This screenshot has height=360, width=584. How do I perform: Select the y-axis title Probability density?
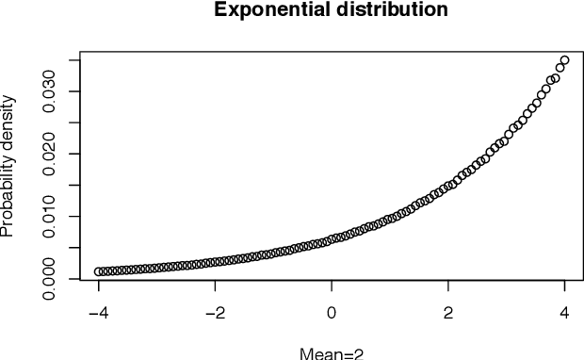tap(8, 165)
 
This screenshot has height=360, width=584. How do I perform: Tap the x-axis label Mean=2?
tap(332, 353)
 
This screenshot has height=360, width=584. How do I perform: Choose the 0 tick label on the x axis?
tap(332, 313)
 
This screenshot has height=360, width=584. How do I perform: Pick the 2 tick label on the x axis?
tap(448, 313)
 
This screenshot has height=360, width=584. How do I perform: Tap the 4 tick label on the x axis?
tap(565, 313)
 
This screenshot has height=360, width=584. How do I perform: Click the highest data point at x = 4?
tap(564, 60)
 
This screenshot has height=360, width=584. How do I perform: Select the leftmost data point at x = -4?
tap(99, 271)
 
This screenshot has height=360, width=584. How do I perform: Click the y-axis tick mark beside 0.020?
tap(76, 154)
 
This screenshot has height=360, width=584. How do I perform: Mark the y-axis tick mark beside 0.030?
tap(76, 90)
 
